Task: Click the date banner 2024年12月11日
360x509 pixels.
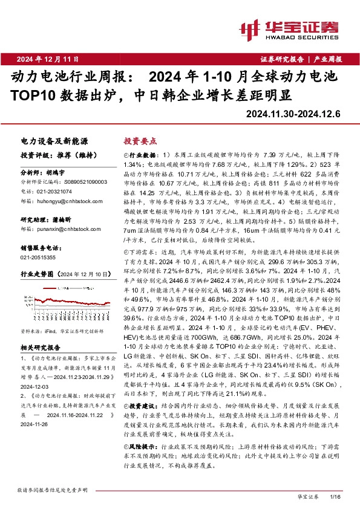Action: [48, 59]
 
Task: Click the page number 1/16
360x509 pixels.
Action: [336, 496]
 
